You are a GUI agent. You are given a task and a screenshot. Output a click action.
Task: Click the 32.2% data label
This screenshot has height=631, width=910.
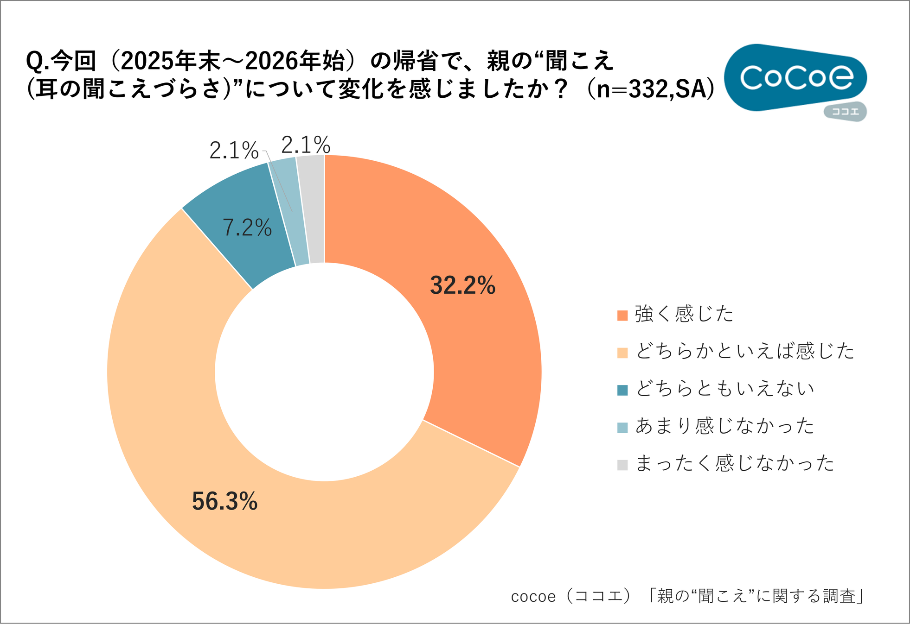pyautogui.click(x=462, y=285)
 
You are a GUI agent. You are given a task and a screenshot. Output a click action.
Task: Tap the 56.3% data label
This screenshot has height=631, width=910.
pyautogui.click(x=224, y=501)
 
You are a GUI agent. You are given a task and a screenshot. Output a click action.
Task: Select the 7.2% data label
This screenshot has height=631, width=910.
pyautogui.click(x=247, y=227)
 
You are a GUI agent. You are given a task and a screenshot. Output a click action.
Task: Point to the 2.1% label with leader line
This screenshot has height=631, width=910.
pyautogui.click(x=234, y=151)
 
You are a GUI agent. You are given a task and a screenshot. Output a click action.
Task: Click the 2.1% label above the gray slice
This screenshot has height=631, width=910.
pyautogui.click(x=306, y=145)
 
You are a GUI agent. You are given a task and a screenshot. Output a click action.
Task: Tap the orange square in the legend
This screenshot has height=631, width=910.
pyautogui.click(x=622, y=315)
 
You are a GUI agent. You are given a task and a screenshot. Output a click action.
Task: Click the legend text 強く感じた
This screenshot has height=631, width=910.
pyautogui.click(x=684, y=315)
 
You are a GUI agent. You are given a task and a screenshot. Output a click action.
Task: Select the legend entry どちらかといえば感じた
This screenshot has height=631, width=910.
pyautogui.click(x=744, y=351)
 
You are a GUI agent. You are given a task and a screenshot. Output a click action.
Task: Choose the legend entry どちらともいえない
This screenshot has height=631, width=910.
pyautogui.click(x=724, y=389)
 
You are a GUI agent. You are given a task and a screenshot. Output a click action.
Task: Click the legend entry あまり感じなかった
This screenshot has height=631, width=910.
pyautogui.click(x=724, y=426)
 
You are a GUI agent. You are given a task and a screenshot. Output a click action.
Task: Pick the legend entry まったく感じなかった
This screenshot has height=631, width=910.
pyautogui.click(x=735, y=463)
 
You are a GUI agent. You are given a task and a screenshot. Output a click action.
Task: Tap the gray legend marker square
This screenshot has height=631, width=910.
pyautogui.click(x=622, y=465)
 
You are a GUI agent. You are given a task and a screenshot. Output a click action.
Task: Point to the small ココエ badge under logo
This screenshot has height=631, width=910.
pyautogui.click(x=845, y=112)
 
